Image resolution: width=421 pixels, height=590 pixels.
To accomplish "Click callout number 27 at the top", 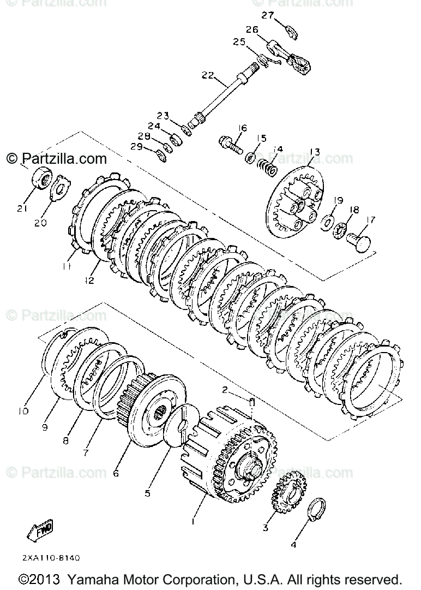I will (x=267, y=15).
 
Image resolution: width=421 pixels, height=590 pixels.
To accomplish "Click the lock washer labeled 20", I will (x=61, y=186).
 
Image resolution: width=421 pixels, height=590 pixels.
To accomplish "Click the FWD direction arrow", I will (x=39, y=530).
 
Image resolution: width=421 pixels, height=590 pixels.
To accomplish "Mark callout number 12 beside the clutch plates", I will (x=89, y=280).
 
